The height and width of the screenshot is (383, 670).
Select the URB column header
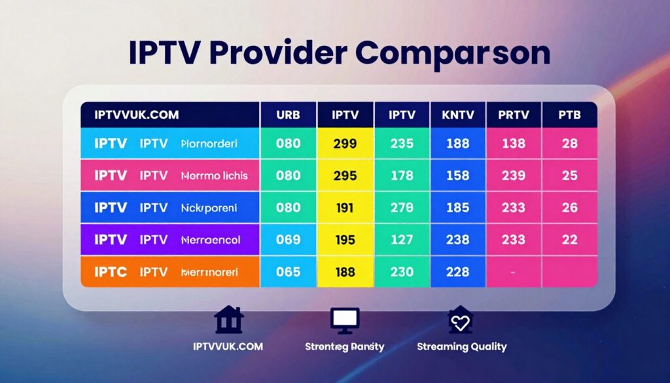(289, 115)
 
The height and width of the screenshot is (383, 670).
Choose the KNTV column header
(458, 115)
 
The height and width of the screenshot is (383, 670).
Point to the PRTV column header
(514, 115)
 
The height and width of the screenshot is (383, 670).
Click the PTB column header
(569, 115)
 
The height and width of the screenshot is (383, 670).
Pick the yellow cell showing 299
(345, 143)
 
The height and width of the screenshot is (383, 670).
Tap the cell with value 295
(345, 175)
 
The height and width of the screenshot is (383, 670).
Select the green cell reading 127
(402, 240)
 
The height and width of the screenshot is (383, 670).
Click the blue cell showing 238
(458, 240)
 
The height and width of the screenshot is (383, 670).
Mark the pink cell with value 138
(514, 143)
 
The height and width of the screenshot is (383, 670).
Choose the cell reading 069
(289, 240)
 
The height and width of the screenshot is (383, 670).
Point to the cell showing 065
(289, 272)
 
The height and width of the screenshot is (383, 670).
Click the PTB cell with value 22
(569, 240)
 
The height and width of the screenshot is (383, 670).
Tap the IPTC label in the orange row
(111, 272)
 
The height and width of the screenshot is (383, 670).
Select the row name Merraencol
(210, 240)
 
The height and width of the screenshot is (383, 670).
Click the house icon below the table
(229, 320)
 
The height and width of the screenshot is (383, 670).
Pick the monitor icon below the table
(344, 320)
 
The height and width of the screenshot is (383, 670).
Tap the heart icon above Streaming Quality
(461, 320)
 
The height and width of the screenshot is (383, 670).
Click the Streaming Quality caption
(461, 346)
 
